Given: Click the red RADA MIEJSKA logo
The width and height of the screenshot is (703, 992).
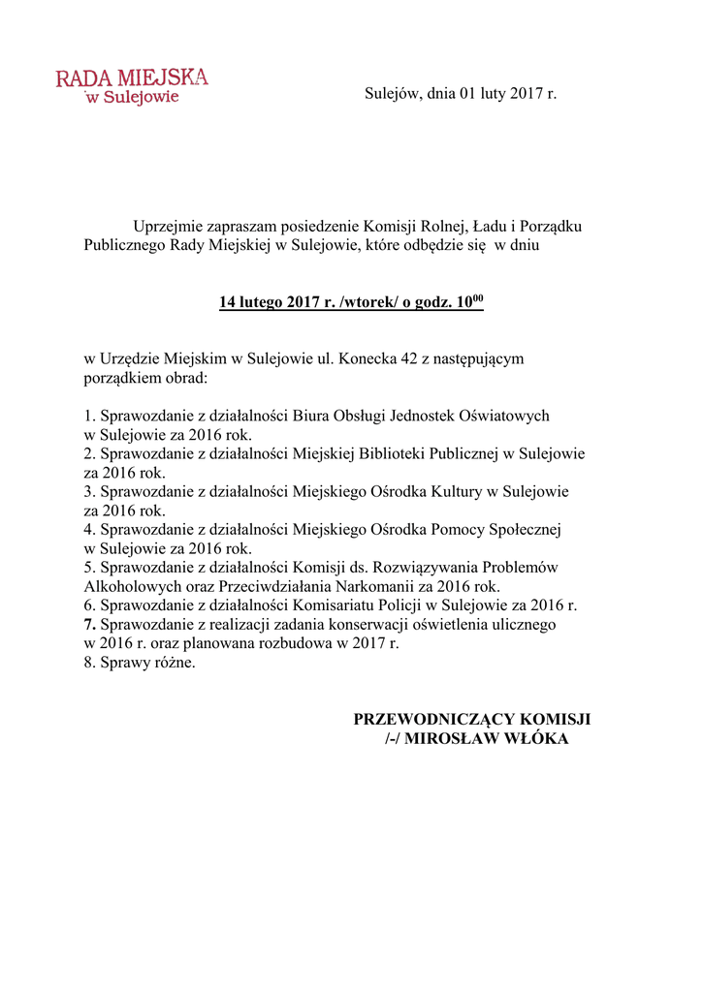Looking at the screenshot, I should coord(132,85).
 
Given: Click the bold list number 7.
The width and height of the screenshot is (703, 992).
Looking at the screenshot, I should coord(88,624).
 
